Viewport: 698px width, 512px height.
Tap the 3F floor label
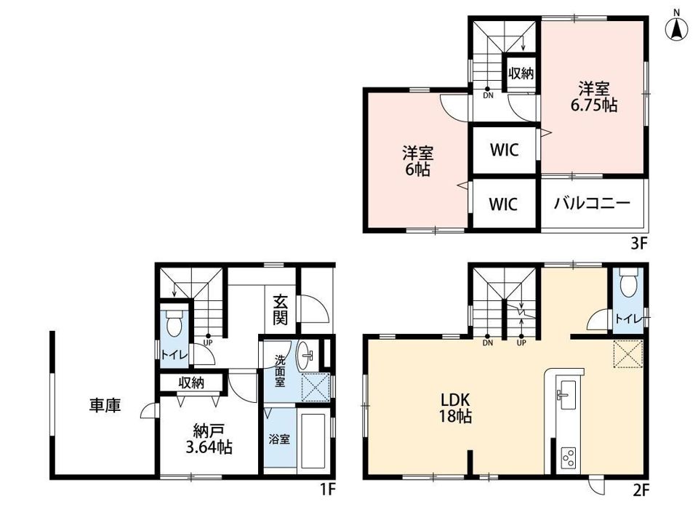[639, 244]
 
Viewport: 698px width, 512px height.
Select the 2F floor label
[641, 491]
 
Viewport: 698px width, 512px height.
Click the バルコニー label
[592, 204]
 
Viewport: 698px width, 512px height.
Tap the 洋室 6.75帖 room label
[594, 97]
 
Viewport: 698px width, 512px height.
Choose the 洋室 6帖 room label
[417, 161]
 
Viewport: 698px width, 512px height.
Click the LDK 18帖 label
[455, 407]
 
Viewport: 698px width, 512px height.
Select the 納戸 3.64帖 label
[209, 439]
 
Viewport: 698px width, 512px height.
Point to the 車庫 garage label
[105, 406]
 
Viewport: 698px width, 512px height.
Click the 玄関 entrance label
[281, 310]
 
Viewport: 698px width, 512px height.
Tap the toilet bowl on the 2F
[628, 284]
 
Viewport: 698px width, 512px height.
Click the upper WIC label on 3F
[505, 150]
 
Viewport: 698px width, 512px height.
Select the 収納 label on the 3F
[521, 73]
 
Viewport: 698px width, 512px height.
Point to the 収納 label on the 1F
[191, 383]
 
